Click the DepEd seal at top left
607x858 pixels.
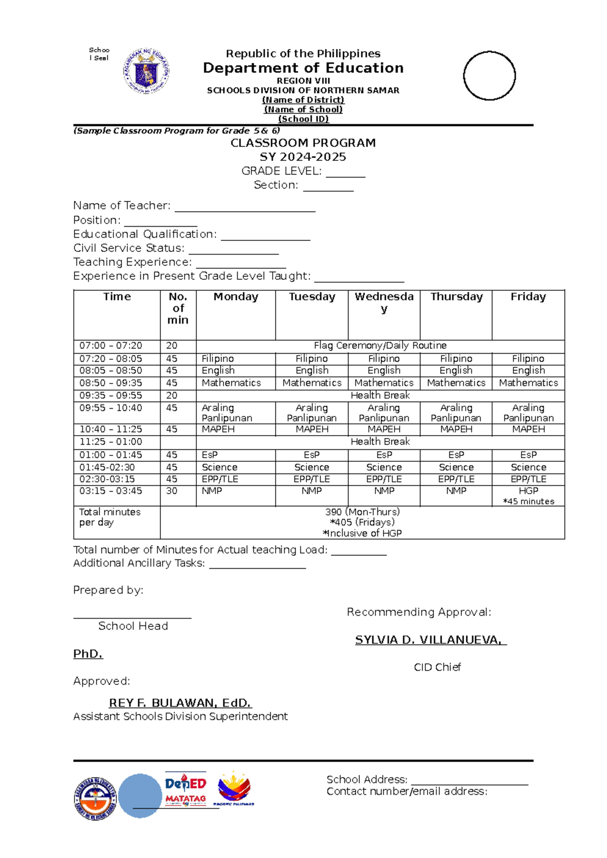(x=147, y=71)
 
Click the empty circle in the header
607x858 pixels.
(x=489, y=76)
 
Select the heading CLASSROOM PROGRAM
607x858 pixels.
(x=303, y=143)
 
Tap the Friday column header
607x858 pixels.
(x=528, y=297)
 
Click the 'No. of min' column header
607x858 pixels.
(x=178, y=308)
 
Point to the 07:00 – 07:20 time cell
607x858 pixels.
(x=111, y=346)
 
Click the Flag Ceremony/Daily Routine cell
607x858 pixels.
(x=380, y=346)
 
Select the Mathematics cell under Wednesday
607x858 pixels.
(x=384, y=383)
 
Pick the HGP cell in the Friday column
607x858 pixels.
(x=528, y=491)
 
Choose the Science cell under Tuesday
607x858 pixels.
(x=312, y=467)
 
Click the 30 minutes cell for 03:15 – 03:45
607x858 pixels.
(x=172, y=491)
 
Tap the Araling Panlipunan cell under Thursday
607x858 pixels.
(x=456, y=413)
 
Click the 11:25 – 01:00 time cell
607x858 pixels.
(x=111, y=442)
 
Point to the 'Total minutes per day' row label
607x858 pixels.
(x=110, y=517)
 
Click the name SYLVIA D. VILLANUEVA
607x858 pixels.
(x=430, y=640)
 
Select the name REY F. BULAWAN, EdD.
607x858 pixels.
(x=180, y=703)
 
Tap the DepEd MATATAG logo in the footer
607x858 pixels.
(x=185, y=789)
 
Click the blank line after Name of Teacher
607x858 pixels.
(x=245, y=207)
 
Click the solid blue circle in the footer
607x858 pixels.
(x=140, y=796)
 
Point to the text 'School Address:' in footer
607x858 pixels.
(x=367, y=780)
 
